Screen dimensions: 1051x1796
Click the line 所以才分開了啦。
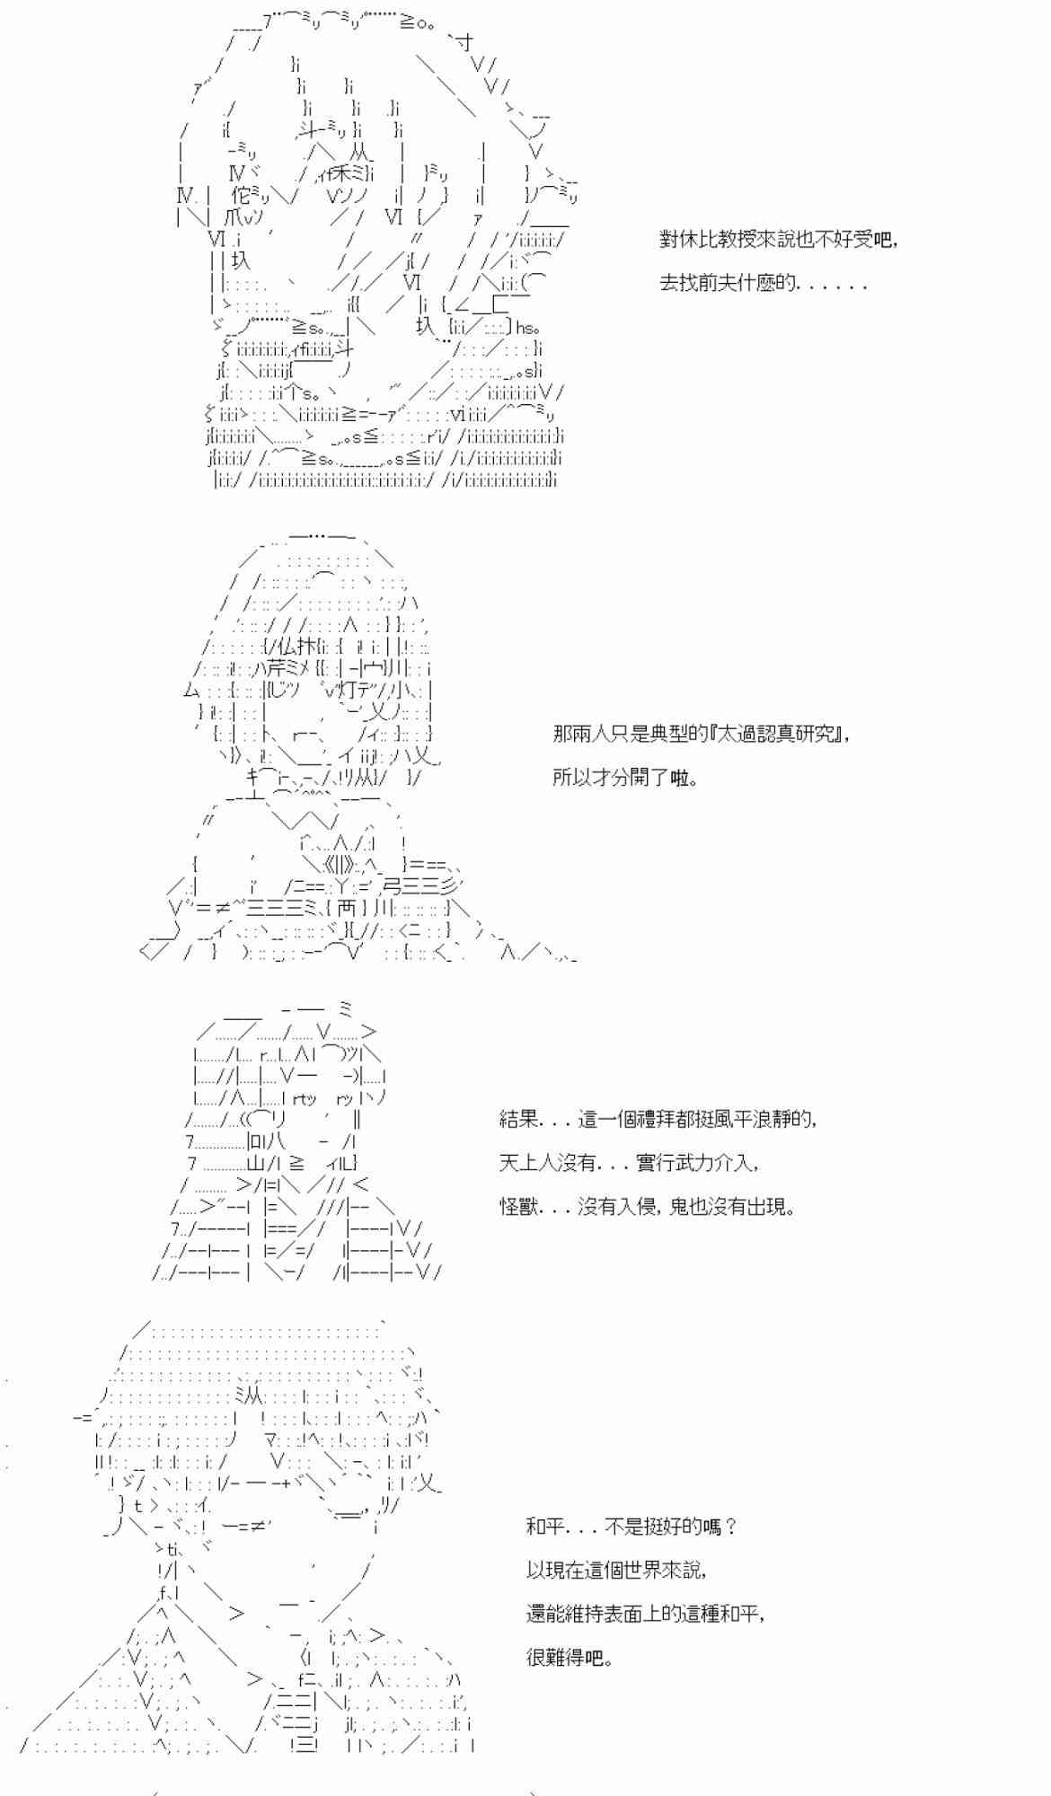(625, 777)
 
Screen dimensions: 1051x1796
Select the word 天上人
(528, 1163)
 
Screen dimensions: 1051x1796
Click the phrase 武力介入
(718, 1163)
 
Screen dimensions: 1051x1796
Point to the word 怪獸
(518, 1206)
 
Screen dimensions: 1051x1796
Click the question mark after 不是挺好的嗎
(730, 1526)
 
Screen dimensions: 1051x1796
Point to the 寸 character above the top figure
(464, 42)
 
